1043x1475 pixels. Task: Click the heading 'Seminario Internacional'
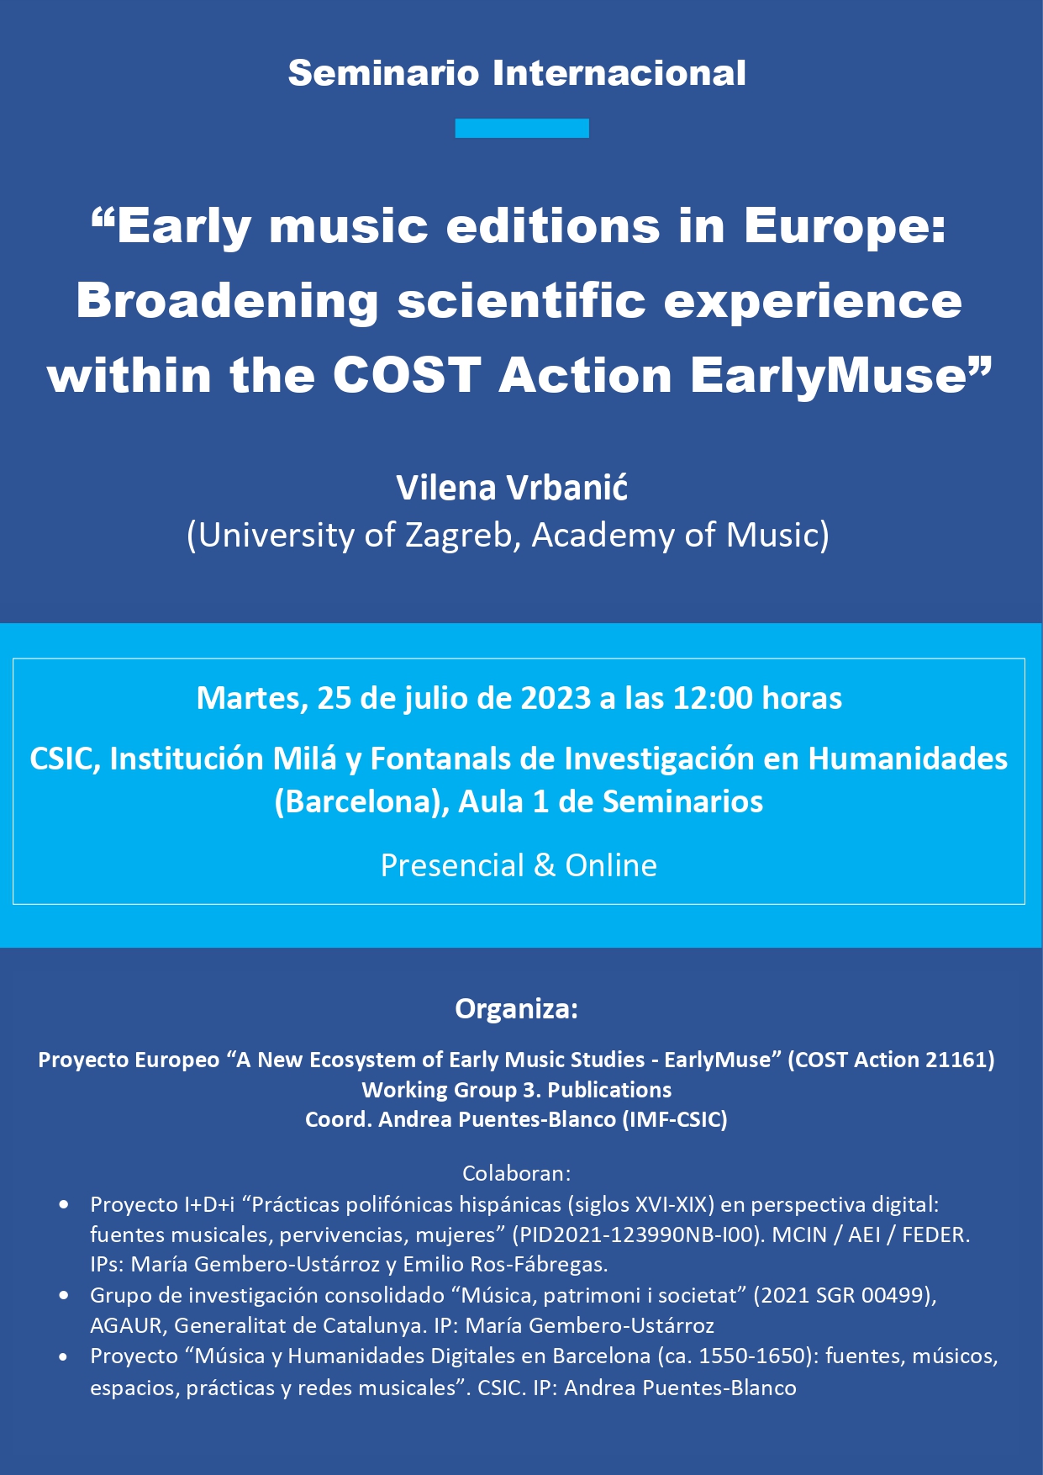coord(517,73)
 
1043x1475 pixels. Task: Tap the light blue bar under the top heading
coord(522,128)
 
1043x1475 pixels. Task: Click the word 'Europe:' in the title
coord(845,227)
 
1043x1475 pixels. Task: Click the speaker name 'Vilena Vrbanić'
coord(513,487)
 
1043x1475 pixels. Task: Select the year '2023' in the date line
coord(556,698)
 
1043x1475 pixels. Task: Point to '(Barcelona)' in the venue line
coord(362,801)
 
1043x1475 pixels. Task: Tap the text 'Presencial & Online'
coord(519,865)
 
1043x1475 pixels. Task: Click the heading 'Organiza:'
coord(517,1008)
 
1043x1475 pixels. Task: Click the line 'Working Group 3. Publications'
coord(517,1090)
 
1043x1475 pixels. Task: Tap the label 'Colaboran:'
coord(517,1173)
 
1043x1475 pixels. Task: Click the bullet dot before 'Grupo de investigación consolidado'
coord(64,1296)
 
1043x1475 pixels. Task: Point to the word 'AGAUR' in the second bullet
coord(125,1326)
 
